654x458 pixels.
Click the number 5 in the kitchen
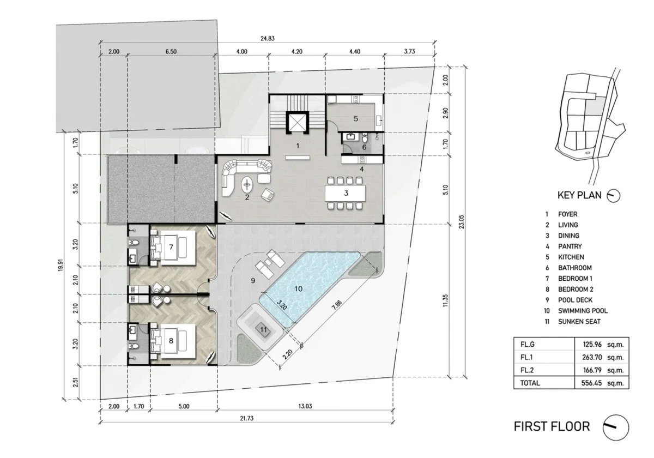(x=355, y=119)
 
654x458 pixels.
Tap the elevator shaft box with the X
(x=298, y=122)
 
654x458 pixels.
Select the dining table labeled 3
(x=346, y=193)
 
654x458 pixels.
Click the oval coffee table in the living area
(x=247, y=185)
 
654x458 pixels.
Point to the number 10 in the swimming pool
(x=298, y=289)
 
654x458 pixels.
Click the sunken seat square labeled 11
(x=264, y=330)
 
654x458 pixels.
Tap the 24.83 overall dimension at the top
(x=268, y=38)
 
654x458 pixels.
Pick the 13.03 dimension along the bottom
(x=305, y=406)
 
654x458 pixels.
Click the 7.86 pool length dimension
(x=337, y=305)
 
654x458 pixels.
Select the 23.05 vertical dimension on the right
(x=461, y=222)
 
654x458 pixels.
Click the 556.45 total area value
(x=591, y=383)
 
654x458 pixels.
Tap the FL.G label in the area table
(x=528, y=345)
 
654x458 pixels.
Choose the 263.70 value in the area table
(x=592, y=357)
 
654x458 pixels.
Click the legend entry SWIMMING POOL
(x=583, y=311)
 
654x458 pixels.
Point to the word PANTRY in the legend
(x=570, y=246)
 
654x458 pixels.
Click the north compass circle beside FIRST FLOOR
(x=616, y=427)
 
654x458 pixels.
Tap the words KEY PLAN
(x=579, y=195)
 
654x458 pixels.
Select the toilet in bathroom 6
(x=365, y=138)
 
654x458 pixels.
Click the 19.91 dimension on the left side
(x=60, y=265)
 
